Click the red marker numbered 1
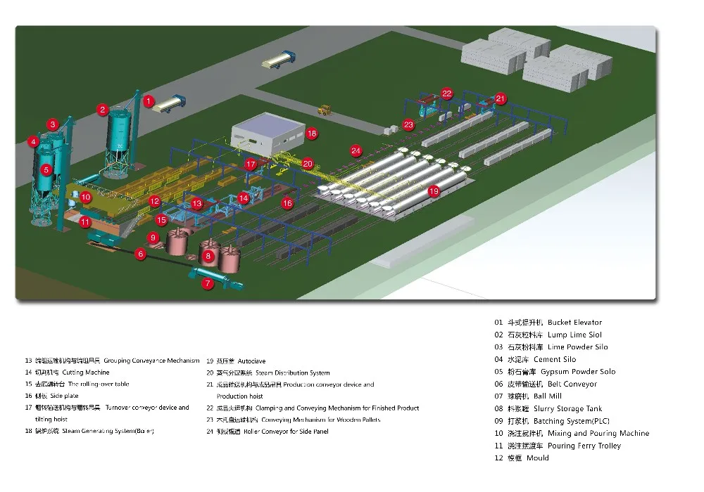click(x=149, y=101)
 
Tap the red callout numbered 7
click(x=207, y=284)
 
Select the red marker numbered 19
click(x=434, y=190)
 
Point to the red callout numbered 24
click(x=356, y=150)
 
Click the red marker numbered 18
click(x=312, y=132)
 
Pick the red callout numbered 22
click(x=447, y=93)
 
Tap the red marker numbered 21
click(x=501, y=98)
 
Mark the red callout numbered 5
click(x=46, y=169)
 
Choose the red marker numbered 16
click(x=287, y=203)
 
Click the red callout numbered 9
click(x=153, y=238)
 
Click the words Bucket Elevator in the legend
click(x=574, y=323)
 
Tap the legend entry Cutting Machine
click(x=86, y=373)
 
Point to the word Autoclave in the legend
click(x=251, y=361)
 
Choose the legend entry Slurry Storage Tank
click(x=567, y=408)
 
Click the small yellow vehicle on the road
click(x=325, y=110)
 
